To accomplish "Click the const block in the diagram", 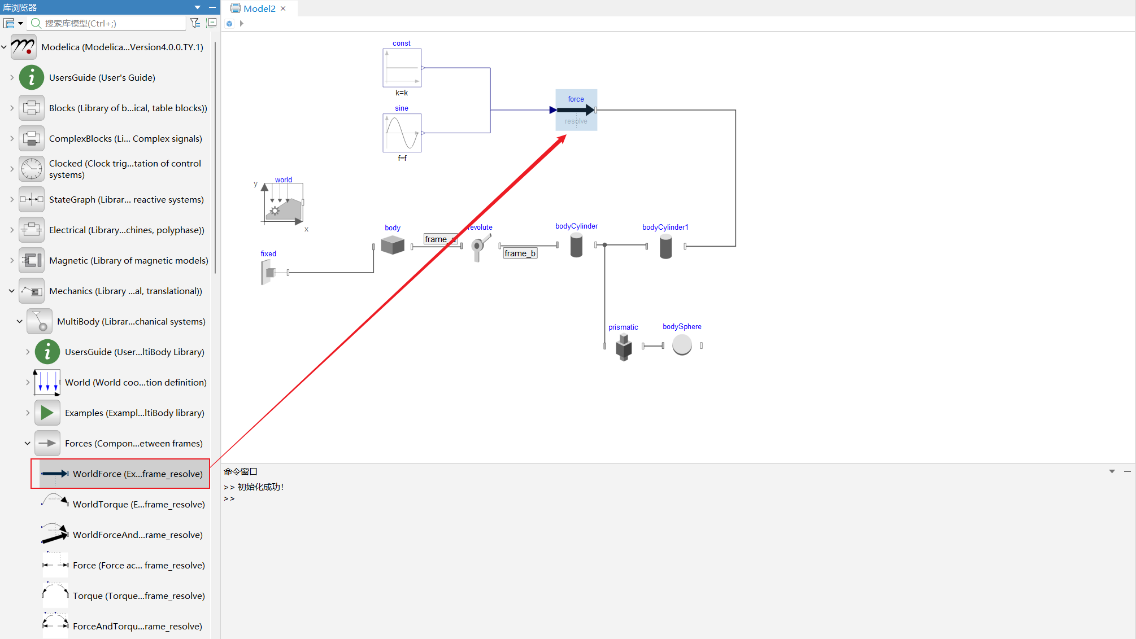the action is (x=402, y=68).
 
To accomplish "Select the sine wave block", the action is (x=402, y=133).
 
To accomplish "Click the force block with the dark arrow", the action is (x=576, y=110).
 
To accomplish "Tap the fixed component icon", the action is (x=268, y=273).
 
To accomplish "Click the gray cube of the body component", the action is (x=393, y=245).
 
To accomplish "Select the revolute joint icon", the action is (x=480, y=247).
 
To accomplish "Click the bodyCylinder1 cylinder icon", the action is (x=666, y=247).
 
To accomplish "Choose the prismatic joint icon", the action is (x=624, y=347).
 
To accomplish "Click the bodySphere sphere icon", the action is (x=682, y=345).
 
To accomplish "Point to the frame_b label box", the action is (x=520, y=253).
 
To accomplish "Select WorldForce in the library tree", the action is (x=138, y=474).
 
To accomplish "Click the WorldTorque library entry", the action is (x=139, y=504).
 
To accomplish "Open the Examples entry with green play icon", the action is (x=134, y=413).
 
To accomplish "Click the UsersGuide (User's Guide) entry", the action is (x=102, y=77).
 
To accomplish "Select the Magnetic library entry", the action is (x=129, y=260).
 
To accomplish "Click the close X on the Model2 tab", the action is (x=283, y=8).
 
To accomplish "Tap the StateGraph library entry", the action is (x=127, y=199).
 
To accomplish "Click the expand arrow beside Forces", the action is (x=27, y=443).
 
